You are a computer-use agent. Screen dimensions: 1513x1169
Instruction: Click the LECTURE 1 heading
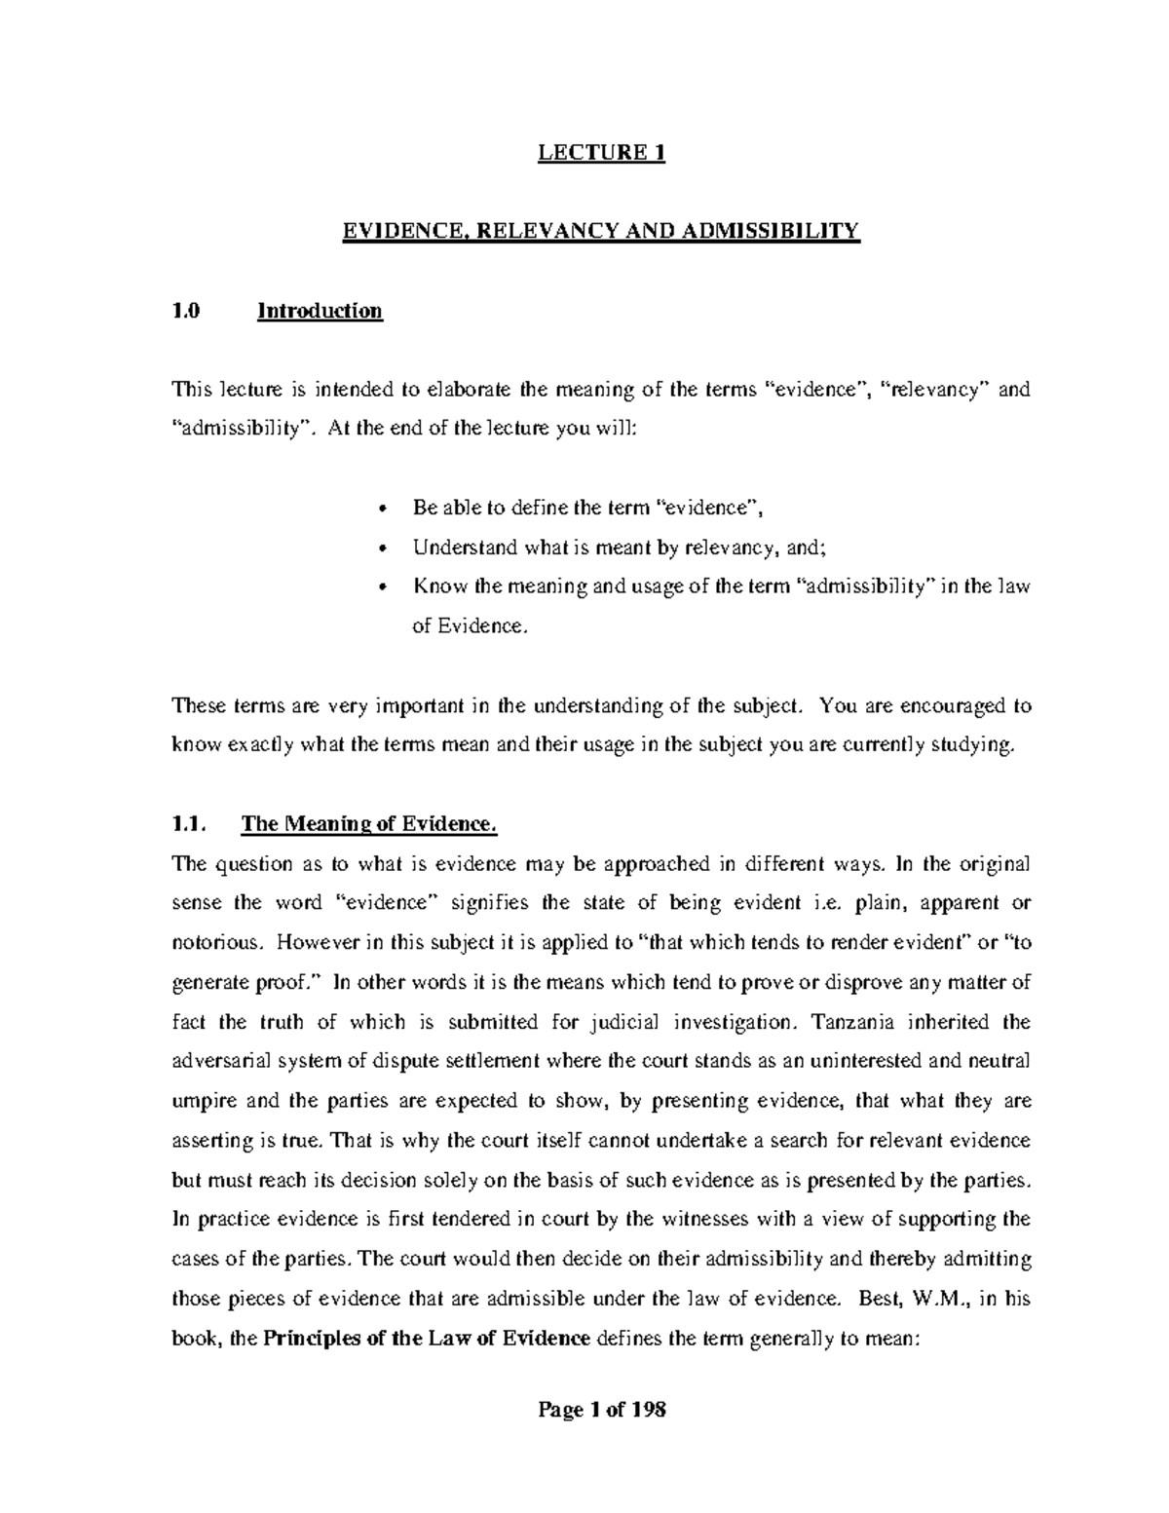[603, 153]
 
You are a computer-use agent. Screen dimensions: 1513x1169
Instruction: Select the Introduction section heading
[320, 311]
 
